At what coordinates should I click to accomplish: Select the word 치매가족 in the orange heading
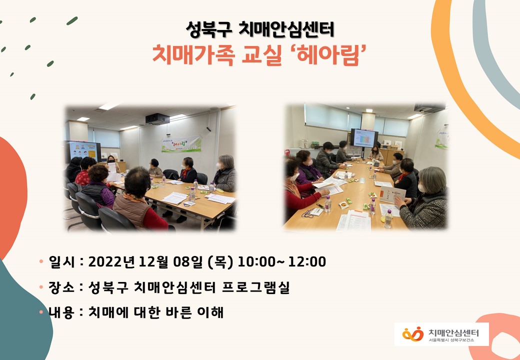[x=193, y=55]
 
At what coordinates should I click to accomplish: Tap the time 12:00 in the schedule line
[x=307, y=262]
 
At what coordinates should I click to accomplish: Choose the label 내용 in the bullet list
[x=61, y=312]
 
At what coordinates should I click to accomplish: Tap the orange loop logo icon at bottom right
[x=413, y=334]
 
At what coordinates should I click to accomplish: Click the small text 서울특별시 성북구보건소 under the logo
[x=451, y=340]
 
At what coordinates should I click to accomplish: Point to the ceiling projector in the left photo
[x=157, y=118]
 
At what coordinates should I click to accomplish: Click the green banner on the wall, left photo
[x=181, y=144]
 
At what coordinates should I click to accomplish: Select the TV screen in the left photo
[x=84, y=151]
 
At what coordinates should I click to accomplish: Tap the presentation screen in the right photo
[x=364, y=138]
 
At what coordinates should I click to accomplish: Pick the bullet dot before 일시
[x=41, y=261]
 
